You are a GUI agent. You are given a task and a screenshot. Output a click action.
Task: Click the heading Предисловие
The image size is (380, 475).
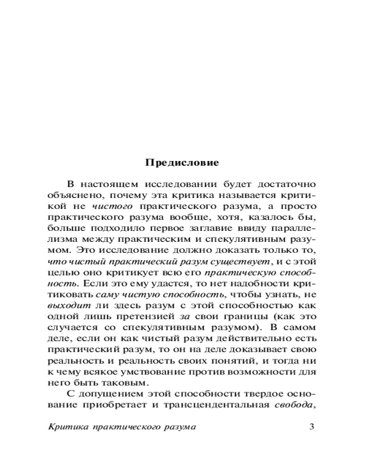click(x=182, y=163)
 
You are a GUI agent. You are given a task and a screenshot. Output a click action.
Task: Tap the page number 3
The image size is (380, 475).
click(x=312, y=426)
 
